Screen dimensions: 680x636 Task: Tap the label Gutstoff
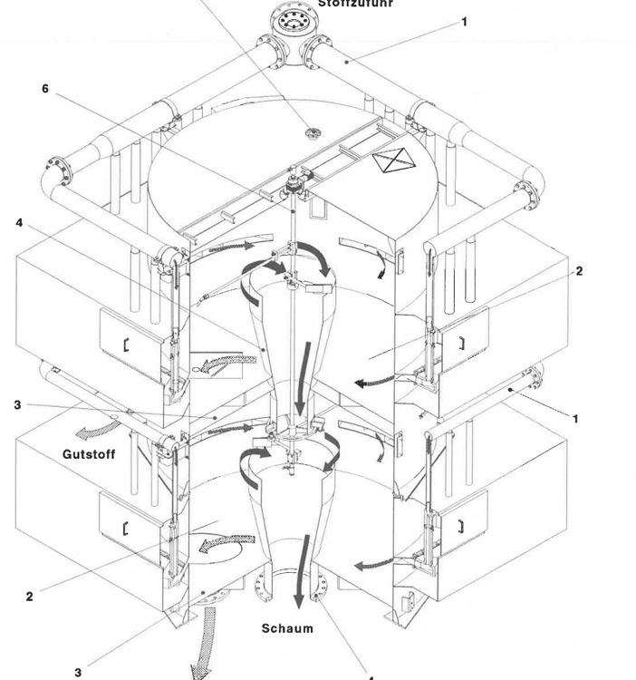tap(89, 453)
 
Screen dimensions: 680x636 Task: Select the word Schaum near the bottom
tap(287, 628)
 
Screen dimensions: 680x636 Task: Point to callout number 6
tap(45, 89)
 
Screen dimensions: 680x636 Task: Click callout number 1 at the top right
tap(465, 22)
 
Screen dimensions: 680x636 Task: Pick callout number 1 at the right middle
tap(576, 418)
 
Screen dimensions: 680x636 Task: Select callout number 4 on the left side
tap(19, 224)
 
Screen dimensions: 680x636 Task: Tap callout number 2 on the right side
tap(579, 270)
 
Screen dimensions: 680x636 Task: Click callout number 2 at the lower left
tap(30, 596)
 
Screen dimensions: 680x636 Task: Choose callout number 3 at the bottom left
tap(79, 672)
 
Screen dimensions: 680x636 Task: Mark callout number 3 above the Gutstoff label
tap(17, 404)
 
